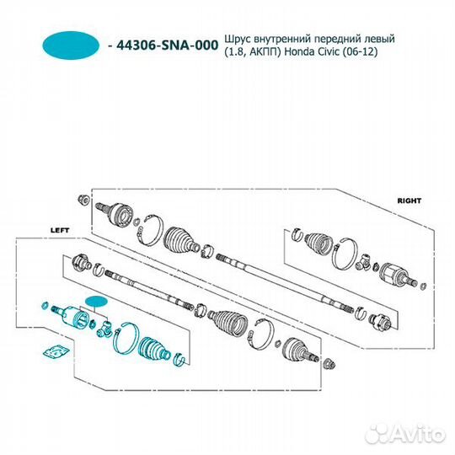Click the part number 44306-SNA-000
click(x=167, y=45)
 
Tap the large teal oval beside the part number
click(x=71, y=45)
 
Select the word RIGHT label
click(x=409, y=201)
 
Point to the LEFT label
click(x=60, y=230)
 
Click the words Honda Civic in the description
click(x=312, y=52)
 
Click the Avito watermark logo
click(x=405, y=434)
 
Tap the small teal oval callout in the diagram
click(x=96, y=302)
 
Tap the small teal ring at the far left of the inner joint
click(x=45, y=305)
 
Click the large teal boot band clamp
click(x=126, y=338)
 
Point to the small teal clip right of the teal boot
click(x=179, y=359)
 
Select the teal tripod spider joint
click(x=104, y=329)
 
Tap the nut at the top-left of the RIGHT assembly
click(x=84, y=200)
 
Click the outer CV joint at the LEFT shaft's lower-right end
click(x=300, y=351)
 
